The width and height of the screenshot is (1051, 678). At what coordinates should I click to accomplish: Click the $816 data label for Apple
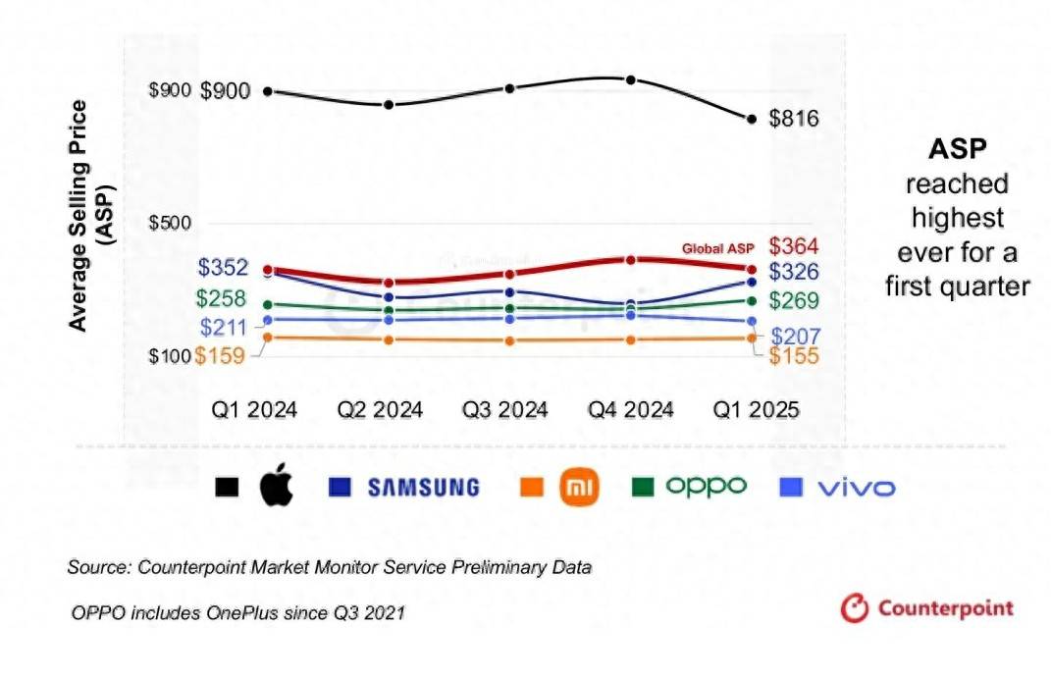click(793, 120)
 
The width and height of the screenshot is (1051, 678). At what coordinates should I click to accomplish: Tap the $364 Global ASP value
click(793, 245)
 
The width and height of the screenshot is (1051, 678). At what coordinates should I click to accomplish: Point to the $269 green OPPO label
click(793, 300)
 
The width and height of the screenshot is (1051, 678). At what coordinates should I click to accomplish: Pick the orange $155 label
click(793, 356)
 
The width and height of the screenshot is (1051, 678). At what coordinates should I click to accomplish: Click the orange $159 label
click(220, 356)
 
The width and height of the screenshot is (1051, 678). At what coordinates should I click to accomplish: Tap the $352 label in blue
click(223, 268)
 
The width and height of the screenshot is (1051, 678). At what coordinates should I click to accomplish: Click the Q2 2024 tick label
click(380, 409)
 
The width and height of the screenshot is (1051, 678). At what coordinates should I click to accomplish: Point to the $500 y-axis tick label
click(170, 222)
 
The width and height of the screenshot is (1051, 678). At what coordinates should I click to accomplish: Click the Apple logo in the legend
click(276, 487)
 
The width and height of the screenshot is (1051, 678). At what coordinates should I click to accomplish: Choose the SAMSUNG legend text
click(423, 487)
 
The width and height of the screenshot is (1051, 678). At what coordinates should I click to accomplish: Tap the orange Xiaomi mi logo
click(578, 487)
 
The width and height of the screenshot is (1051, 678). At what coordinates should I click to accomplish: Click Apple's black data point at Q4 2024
click(631, 80)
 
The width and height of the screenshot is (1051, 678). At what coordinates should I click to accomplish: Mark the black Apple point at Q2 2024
click(389, 105)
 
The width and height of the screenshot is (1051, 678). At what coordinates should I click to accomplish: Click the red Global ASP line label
click(718, 248)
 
